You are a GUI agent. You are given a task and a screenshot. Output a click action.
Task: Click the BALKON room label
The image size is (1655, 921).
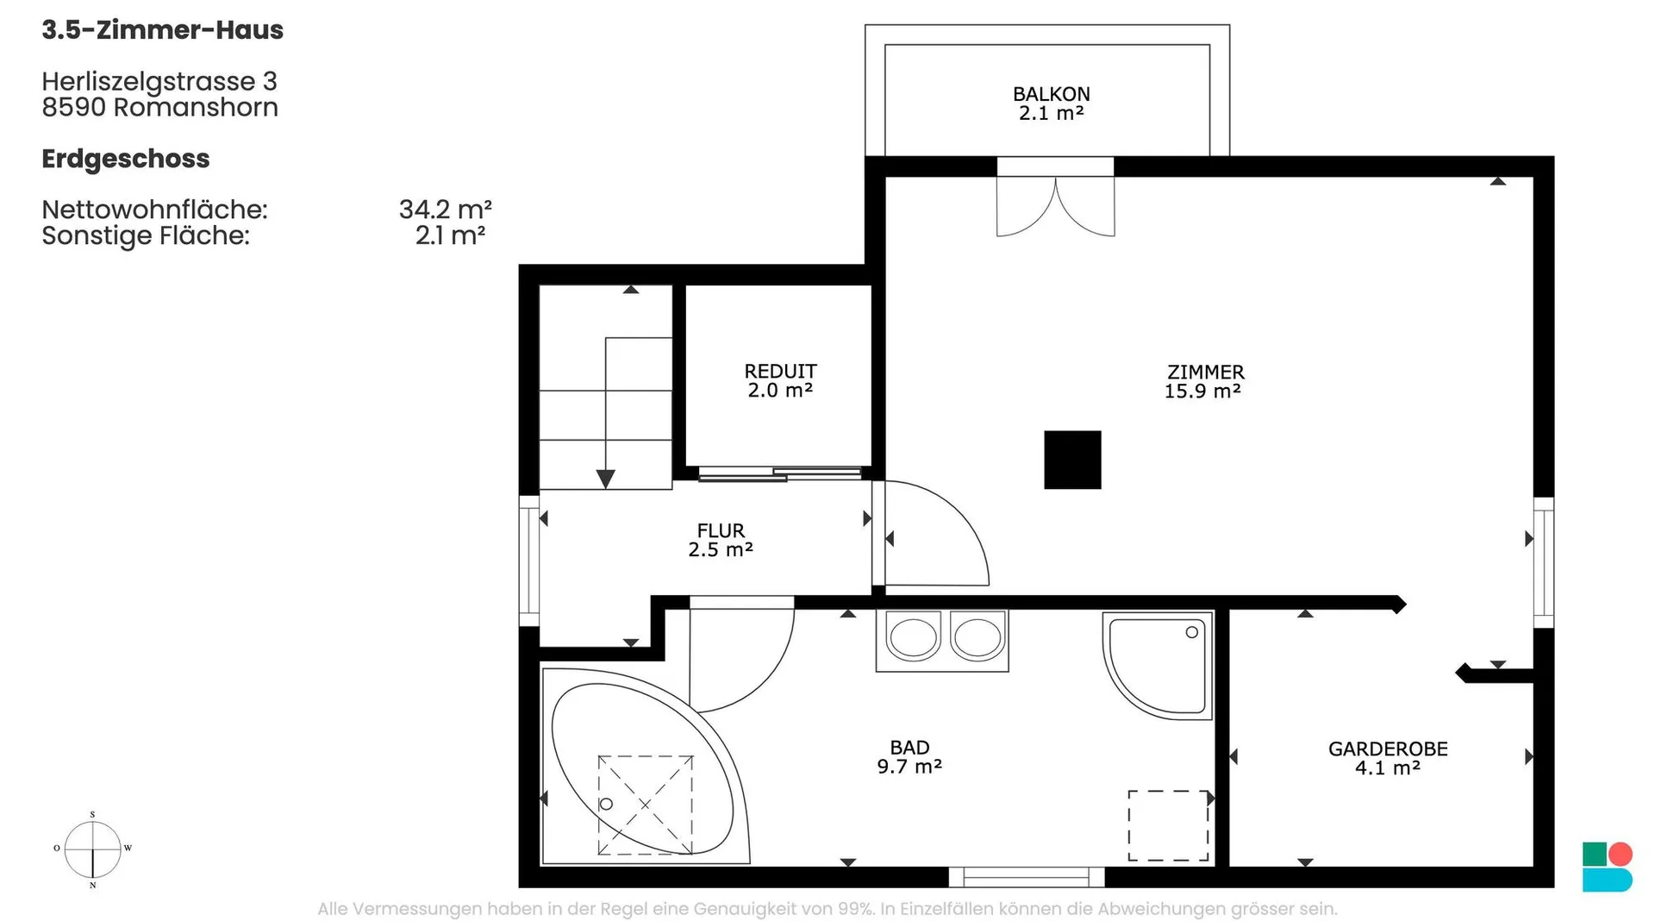click(1051, 103)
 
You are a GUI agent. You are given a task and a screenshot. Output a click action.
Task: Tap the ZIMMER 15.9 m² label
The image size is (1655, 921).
click(1204, 381)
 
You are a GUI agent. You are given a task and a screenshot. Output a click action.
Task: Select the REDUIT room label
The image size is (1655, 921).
click(780, 380)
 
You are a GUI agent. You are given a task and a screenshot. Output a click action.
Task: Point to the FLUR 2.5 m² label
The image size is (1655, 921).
click(721, 540)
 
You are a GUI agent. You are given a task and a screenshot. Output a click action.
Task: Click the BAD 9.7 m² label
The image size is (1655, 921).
click(909, 757)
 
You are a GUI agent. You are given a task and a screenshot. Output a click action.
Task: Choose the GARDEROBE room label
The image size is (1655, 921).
click(1388, 758)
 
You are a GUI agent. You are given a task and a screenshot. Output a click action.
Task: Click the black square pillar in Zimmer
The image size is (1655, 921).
click(1072, 460)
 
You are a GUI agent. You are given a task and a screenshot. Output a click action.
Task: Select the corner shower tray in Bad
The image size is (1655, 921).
click(1158, 665)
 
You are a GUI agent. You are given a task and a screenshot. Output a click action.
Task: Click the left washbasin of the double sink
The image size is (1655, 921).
click(912, 637)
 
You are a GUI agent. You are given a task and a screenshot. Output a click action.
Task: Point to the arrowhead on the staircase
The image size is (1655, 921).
click(606, 479)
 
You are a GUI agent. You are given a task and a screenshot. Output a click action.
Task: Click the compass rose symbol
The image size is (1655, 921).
click(92, 849)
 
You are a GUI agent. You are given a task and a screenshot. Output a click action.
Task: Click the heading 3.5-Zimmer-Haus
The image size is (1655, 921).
click(163, 30)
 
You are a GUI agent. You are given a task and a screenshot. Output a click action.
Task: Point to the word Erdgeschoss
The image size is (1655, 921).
click(126, 160)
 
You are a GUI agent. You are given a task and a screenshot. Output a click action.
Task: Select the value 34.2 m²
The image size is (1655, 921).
click(446, 210)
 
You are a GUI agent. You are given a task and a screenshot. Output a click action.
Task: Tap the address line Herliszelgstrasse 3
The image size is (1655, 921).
click(159, 81)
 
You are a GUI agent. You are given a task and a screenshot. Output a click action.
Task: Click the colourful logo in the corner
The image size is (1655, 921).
click(1608, 867)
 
